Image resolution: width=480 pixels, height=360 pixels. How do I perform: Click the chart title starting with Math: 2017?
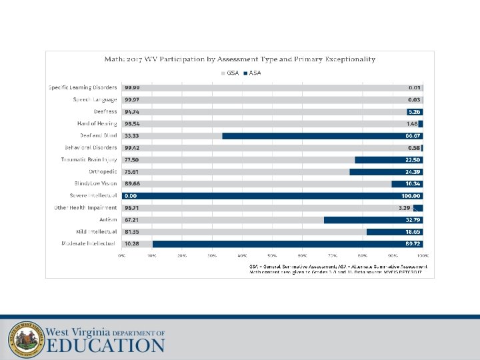240,59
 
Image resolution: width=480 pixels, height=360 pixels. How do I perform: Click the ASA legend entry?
253,73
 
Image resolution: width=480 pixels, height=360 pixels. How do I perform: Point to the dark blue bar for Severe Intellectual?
267,196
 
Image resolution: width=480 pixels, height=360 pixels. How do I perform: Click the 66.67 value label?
410,135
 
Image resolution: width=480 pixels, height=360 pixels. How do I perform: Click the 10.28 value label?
131,244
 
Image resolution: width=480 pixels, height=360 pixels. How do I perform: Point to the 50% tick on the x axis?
272,255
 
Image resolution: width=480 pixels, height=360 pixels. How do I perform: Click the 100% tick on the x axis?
422,255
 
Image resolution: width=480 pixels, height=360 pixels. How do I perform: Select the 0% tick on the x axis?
122,255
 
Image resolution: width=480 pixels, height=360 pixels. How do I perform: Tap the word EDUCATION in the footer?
106,345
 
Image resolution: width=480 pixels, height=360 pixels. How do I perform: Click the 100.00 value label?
409,196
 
